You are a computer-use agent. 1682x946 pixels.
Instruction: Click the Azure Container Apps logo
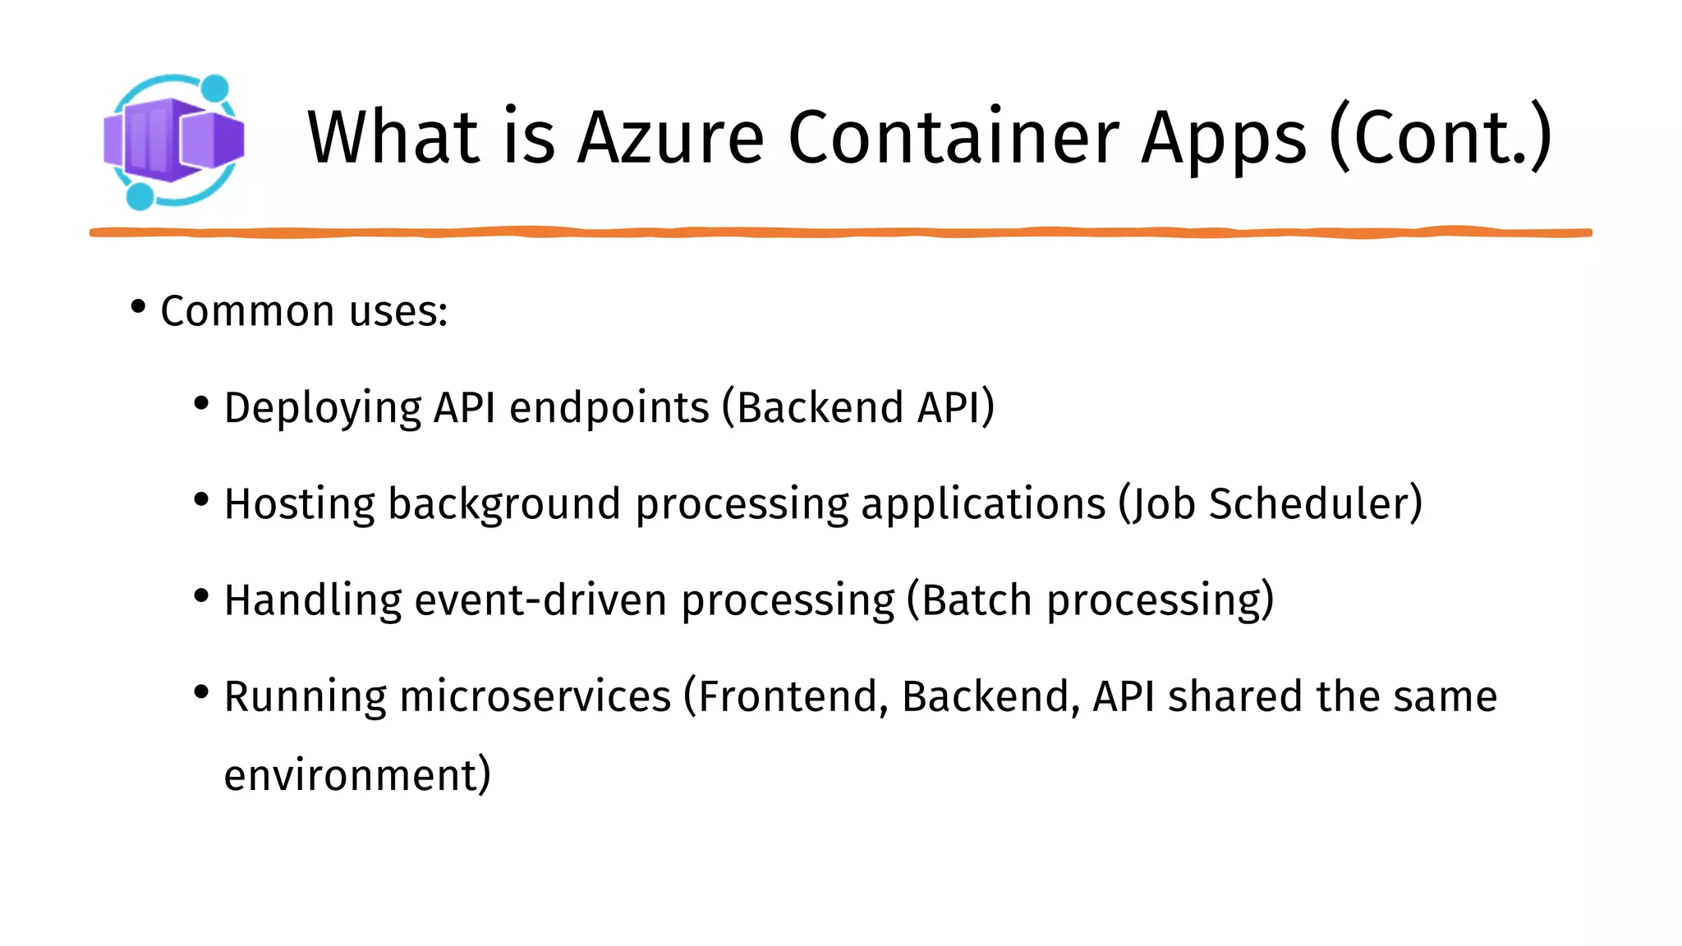[x=173, y=140]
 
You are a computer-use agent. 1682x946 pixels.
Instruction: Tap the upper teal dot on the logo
[x=214, y=88]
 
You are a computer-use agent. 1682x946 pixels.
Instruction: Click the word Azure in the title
[x=671, y=137]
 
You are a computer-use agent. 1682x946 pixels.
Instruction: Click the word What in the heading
[x=393, y=137]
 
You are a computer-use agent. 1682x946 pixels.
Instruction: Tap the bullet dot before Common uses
[x=138, y=307]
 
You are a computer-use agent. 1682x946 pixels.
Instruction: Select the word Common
[x=247, y=311]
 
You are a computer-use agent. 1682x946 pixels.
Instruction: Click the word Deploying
[x=323, y=408]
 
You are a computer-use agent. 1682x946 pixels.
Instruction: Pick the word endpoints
[x=609, y=408]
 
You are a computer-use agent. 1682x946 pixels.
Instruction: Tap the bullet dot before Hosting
[x=201, y=499]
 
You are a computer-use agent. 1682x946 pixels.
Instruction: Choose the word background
[x=503, y=504]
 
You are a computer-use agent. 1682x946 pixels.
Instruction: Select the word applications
[x=983, y=504]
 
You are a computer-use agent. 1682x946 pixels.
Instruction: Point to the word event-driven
[x=540, y=600]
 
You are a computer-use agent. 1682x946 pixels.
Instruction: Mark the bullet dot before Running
[x=201, y=692]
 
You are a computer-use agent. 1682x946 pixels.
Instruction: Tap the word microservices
[x=535, y=697]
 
